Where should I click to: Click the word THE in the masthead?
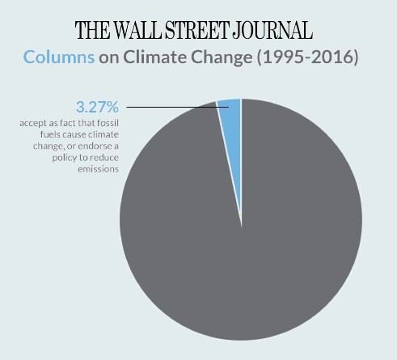point(93,31)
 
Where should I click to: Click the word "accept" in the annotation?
point(32,124)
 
